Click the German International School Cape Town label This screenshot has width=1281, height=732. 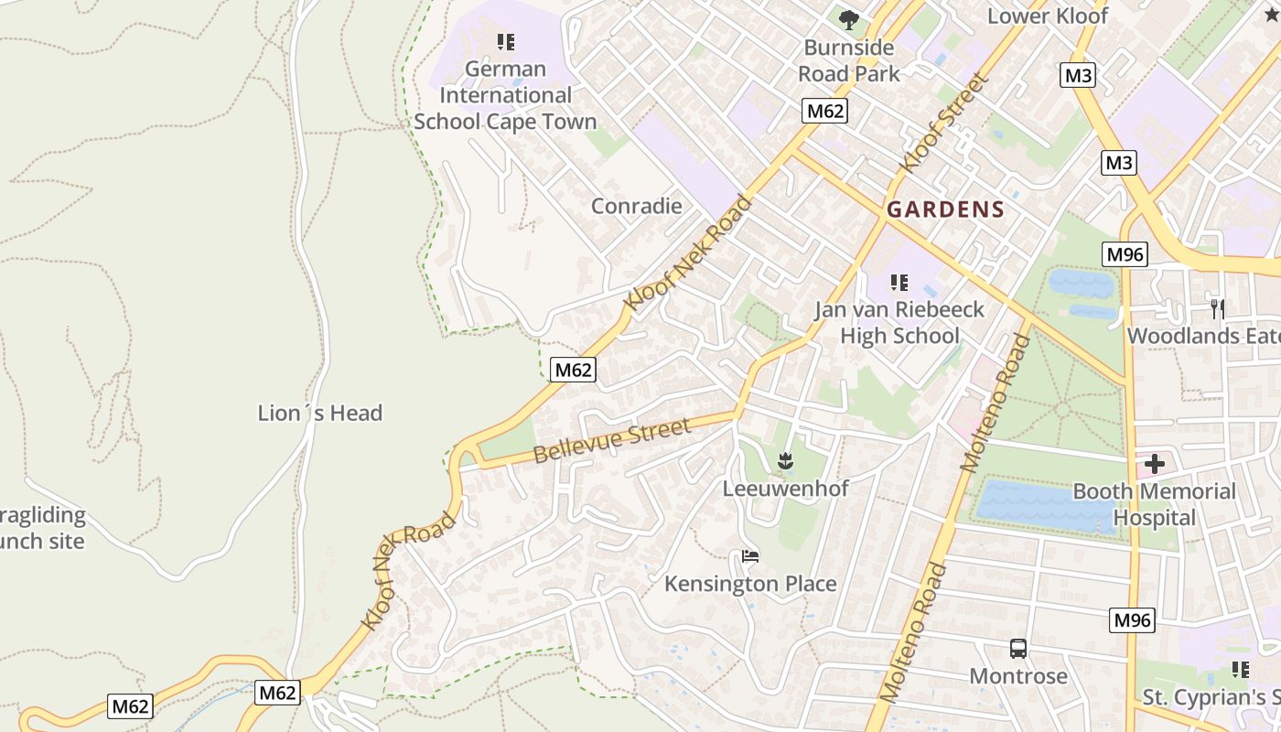[505, 95]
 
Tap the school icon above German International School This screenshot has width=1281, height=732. [505, 41]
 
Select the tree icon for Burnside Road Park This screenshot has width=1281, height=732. [849, 19]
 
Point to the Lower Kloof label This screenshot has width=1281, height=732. [1047, 16]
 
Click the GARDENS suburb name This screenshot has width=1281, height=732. [945, 210]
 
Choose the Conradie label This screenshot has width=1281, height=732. [636, 206]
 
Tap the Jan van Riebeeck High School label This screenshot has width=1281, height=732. [899, 322]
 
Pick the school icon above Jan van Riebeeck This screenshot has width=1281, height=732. [899, 283]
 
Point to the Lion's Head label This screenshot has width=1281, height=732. [319, 414]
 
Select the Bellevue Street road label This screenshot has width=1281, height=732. [611, 440]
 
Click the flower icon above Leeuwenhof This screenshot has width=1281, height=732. [784, 461]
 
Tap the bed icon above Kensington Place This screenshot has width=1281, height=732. [750, 556]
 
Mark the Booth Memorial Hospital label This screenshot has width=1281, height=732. [1153, 504]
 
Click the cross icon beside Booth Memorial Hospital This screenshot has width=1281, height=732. [1154, 464]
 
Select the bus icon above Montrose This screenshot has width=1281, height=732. [1017, 649]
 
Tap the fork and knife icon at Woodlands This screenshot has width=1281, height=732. [1217, 308]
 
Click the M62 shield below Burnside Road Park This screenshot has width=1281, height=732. [824, 112]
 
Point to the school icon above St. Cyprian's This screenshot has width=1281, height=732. [1240, 670]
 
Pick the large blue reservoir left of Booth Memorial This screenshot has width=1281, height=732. [1034, 504]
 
